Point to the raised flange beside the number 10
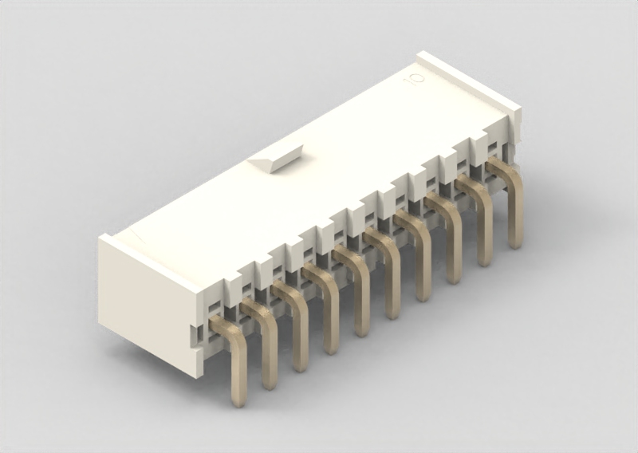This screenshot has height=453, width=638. click(469, 81)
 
